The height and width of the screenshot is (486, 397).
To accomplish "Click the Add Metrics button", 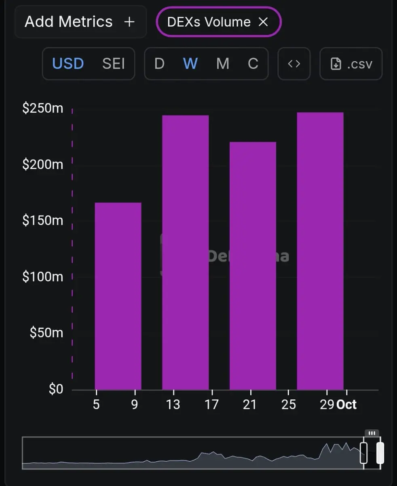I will (80, 22).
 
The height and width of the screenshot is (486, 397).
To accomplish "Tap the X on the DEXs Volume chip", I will (263, 22).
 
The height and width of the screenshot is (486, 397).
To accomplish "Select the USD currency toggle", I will (68, 64).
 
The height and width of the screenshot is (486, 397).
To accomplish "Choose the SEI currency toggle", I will (114, 64).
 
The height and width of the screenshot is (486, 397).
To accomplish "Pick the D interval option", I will (159, 64).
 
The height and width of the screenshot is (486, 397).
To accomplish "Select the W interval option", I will (190, 64).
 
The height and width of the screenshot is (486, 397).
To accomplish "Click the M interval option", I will (222, 64).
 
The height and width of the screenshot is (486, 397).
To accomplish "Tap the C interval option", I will (253, 64).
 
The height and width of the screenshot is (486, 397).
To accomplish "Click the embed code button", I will (294, 64).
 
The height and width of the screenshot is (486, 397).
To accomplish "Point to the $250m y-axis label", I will (42, 109).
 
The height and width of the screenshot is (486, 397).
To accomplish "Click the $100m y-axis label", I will (42, 277).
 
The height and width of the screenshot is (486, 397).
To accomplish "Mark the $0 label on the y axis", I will (56, 389).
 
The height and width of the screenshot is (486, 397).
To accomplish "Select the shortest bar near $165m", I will (118, 296).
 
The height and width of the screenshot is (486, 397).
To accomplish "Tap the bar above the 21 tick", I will (253, 265).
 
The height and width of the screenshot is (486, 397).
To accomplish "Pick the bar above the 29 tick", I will (320, 251).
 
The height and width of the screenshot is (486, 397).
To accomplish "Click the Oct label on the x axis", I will (346, 405).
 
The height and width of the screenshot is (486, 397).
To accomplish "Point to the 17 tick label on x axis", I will (211, 405).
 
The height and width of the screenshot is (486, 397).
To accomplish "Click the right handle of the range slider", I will (380, 453).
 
